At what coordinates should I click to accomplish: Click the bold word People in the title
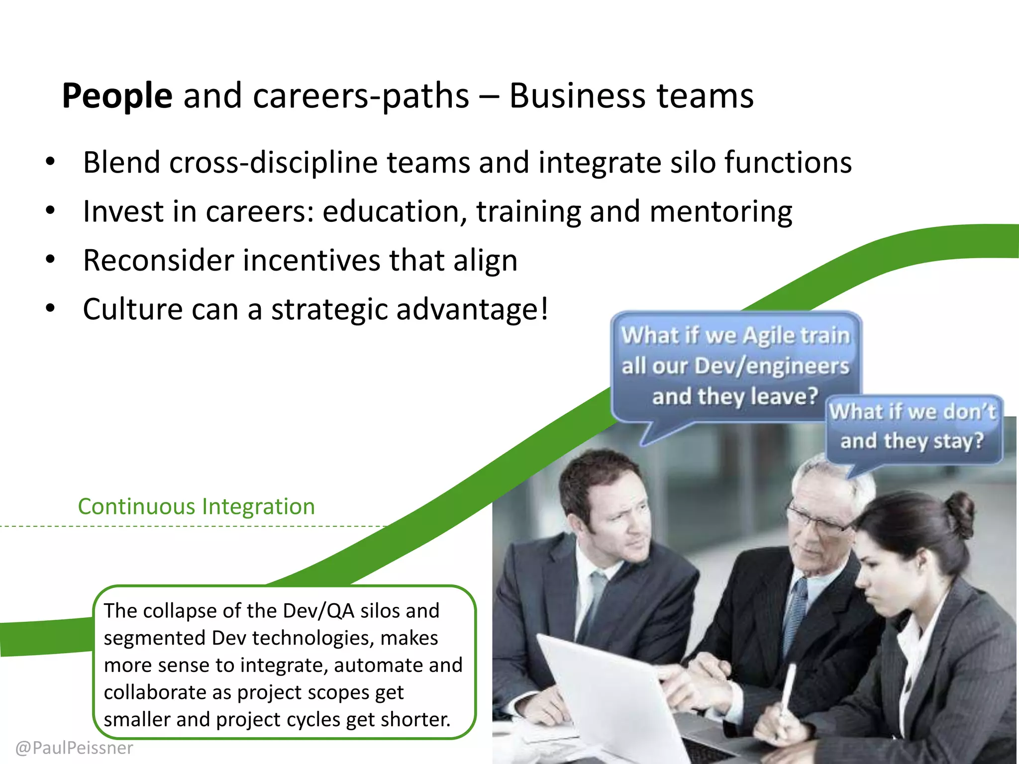click(x=117, y=95)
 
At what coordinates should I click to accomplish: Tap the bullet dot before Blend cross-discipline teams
click(x=50, y=162)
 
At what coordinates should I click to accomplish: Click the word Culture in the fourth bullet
click(x=133, y=309)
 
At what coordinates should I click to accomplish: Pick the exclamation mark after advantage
click(x=544, y=308)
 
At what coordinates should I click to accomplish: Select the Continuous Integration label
click(x=197, y=506)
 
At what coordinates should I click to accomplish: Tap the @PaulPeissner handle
click(x=75, y=748)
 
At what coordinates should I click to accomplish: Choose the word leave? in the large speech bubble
click(x=785, y=396)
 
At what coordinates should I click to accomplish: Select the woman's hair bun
click(x=958, y=512)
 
